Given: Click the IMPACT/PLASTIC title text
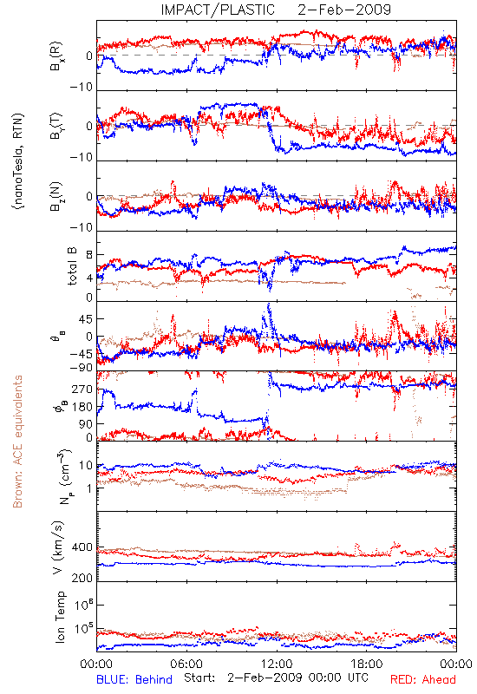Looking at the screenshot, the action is (218, 10).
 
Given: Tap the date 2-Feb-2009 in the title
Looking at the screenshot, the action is (344, 10).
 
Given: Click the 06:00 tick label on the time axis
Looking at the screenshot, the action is (186, 664).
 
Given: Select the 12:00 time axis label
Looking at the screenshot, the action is (277, 664).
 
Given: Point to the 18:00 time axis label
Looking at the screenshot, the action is (367, 664).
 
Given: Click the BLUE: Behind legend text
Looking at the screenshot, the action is (134, 679).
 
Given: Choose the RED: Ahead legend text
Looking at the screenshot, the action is (422, 679).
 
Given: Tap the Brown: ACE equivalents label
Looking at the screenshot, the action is (17, 442).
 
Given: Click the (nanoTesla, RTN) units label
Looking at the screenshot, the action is (18, 161).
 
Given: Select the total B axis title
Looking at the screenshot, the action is (72, 266).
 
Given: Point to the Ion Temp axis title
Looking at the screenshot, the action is (60, 617).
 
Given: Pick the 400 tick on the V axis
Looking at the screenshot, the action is (82, 547).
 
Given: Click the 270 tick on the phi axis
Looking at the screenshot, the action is (82, 390).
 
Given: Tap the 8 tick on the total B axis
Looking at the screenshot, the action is (89, 255).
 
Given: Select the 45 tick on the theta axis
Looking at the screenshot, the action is (85, 318).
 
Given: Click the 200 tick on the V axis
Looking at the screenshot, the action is (82, 578).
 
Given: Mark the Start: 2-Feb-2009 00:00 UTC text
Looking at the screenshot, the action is (276, 678).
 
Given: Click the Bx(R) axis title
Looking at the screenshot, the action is (56, 56).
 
